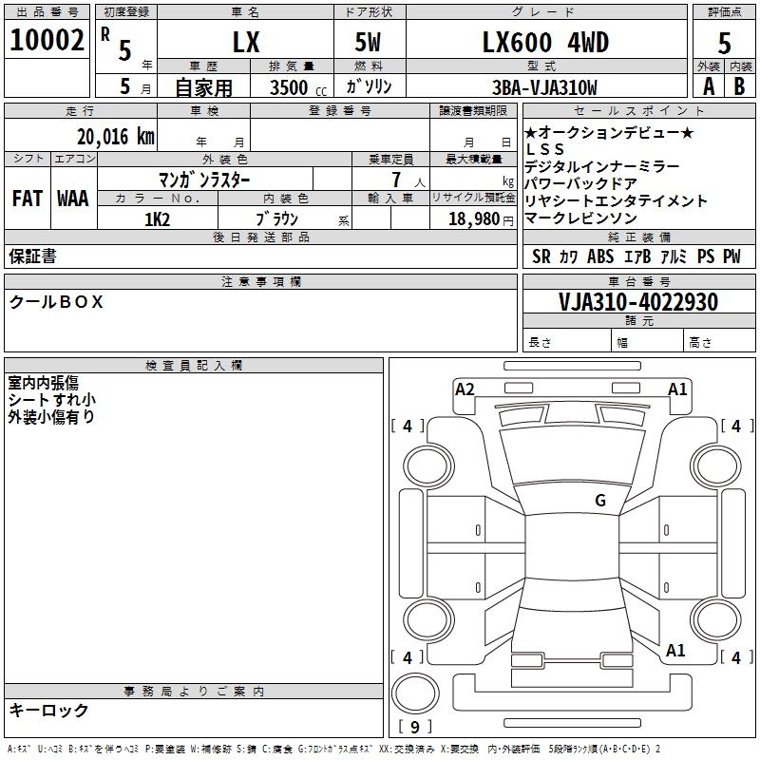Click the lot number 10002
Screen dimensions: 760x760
47,40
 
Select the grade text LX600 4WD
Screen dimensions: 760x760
546,42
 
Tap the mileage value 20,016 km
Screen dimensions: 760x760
116,137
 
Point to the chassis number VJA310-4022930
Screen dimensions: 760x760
637,302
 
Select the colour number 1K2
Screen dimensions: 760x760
157,218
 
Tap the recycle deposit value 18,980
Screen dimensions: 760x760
471,218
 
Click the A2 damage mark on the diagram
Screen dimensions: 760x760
465,389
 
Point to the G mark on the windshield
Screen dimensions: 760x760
599,501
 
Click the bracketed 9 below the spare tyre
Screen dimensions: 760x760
415,727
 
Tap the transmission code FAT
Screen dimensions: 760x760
27,199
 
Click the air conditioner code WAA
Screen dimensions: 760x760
72,199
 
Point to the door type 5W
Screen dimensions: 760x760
369,42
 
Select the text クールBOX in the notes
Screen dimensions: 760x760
56,302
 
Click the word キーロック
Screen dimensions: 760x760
48,710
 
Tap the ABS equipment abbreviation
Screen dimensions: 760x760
600,256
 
